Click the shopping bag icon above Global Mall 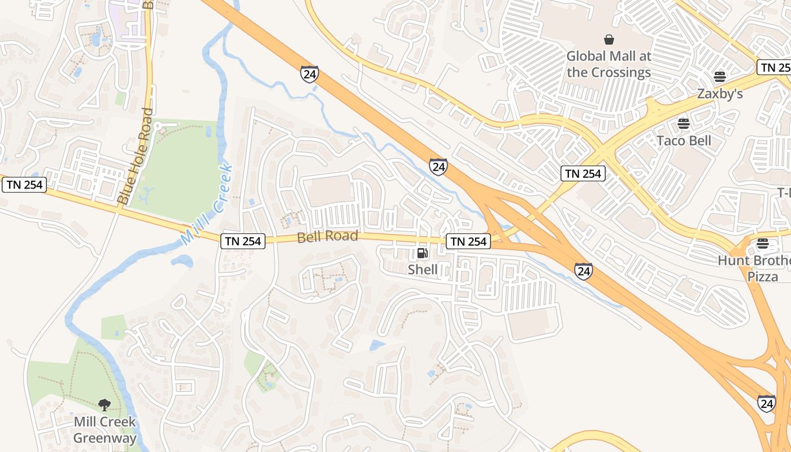pyautogui.click(x=609, y=40)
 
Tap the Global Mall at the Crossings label pyautogui.click(x=609, y=64)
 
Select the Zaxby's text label pyautogui.click(x=719, y=94)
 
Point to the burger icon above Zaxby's pyautogui.click(x=719, y=76)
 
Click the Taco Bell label pyautogui.click(x=684, y=141)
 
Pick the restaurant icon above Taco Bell pyautogui.click(x=684, y=123)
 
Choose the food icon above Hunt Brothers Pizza pyautogui.click(x=763, y=244)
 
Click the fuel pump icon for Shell pyautogui.click(x=422, y=253)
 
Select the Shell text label pyautogui.click(x=423, y=270)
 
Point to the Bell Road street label pyautogui.click(x=328, y=236)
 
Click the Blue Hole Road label pyautogui.click(x=135, y=157)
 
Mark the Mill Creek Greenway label pyautogui.click(x=105, y=430)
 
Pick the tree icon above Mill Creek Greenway pyautogui.click(x=104, y=405)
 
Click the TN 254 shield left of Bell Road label pyautogui.click(x=243, y=241)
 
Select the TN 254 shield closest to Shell pyautogui.click(x=468, y=241)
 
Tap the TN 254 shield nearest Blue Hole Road pyautogui.click(x=24, y=185)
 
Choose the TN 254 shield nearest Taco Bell pyautogui.click(x=583, y=173)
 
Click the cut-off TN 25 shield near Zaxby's pyautogui.click(x=774, y=68)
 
